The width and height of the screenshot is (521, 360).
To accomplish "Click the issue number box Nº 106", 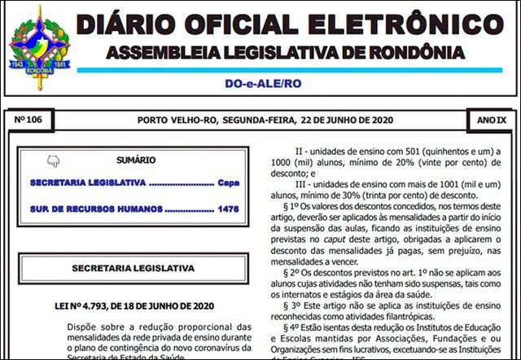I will pyautogui.click(x=33, y=121).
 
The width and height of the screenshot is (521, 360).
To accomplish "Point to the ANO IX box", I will pyautogui.click(x=491, y=121).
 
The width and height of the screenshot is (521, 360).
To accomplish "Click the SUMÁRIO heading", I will pyautogui.click(x=135, y=160).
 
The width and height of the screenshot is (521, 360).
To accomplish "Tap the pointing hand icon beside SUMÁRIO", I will pyautogui.click(x=54, y=160).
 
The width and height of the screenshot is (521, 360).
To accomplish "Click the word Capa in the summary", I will pyautogui.click(x=229, y=182).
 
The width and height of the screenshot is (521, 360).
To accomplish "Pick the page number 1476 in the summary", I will pyautogui.click(x=229, y=209).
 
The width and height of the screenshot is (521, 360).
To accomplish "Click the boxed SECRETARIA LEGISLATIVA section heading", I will pyautogui.click(x=134, y=267).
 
